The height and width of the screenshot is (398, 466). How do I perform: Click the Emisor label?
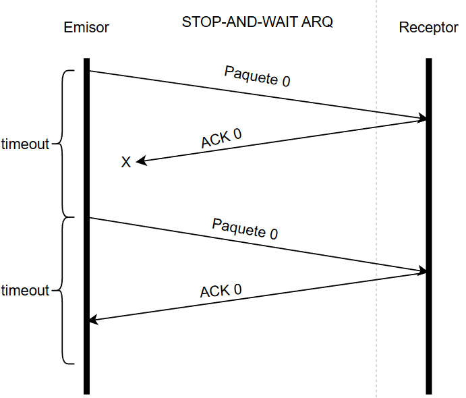tap(86, 28)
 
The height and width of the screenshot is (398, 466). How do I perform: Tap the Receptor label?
tap(428, 28)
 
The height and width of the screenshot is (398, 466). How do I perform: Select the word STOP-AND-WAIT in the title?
tap(239, 22)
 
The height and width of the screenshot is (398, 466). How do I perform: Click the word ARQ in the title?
tap(317, 22)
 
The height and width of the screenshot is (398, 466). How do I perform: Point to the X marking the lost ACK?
tap(125, 163)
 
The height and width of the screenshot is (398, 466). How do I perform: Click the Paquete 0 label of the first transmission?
tap(257, 77)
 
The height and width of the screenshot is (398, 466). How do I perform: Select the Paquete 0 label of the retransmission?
tap(245, 229)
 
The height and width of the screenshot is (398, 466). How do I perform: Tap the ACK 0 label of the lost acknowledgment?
tap(221, 138)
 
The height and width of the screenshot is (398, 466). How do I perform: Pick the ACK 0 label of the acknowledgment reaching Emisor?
tap(221, 291)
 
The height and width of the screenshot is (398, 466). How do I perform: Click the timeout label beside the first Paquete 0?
tap(26, 144)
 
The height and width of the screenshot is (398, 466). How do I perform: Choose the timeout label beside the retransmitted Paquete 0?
tap(26, 291)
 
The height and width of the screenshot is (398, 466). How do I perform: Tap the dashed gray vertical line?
tap(376, 337)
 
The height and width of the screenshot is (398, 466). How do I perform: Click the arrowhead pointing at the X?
tap(140, 161)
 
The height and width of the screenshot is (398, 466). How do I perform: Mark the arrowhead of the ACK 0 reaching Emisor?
tap(94, 320)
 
